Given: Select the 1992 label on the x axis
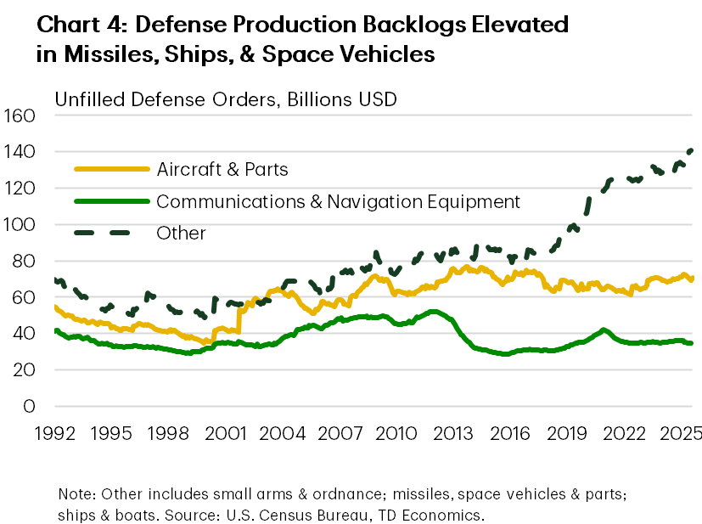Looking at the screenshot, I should click(53, 433).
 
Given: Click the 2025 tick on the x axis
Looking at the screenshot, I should click(682, 433).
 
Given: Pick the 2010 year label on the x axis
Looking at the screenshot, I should click(396, 433).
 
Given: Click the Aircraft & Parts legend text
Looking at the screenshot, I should click(222, 170).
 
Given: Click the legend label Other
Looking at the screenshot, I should click(182, 233).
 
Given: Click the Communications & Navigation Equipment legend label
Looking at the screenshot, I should click(338, 201).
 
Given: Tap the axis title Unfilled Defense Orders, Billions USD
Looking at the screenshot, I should click(226, 99).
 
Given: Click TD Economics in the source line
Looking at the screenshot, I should click(441, 515).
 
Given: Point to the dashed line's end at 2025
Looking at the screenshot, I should click(690, 150).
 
